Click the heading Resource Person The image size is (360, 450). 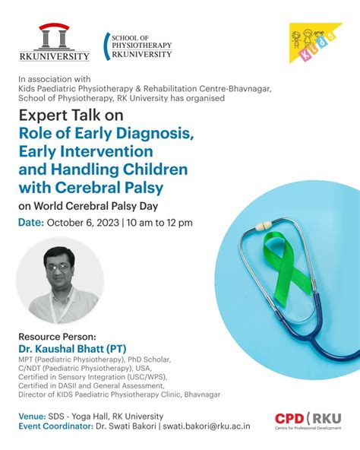57,336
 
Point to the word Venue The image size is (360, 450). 32,416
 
